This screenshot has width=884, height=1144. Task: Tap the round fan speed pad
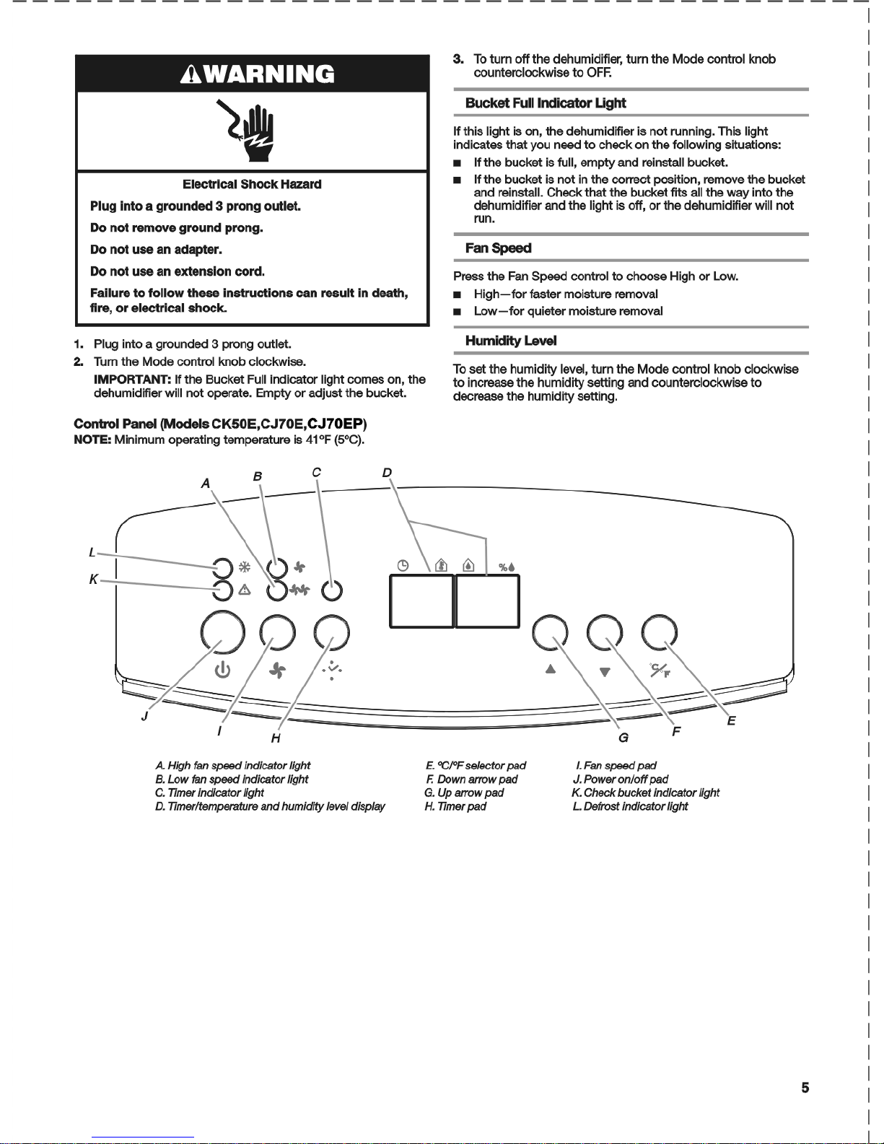tap(278, 632)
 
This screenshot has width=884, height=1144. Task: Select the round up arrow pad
tap(549, 632)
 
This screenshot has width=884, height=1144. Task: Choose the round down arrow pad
tap(605, 632)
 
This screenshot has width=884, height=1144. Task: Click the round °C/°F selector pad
tap(660, 632)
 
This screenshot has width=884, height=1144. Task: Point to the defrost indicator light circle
tap(224, 567)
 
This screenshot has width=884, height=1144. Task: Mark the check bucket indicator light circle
tap(224, 590)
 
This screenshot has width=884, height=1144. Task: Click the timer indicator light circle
tap(331, 590)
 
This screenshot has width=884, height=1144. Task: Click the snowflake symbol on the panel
tap(244, 567)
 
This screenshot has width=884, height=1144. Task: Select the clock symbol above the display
tap(403, 566)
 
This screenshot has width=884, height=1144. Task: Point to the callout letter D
tap(387, 473)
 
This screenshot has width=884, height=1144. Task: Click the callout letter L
tap(92, 553)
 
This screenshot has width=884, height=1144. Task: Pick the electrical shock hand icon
tap(253, 131)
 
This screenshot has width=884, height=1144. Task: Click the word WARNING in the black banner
tap(262, 74)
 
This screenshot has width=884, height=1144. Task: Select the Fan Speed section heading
tap(498, 248)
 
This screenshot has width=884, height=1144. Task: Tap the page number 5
tap(805, 1088)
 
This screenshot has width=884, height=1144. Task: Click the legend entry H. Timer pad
tap(455, 806)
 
